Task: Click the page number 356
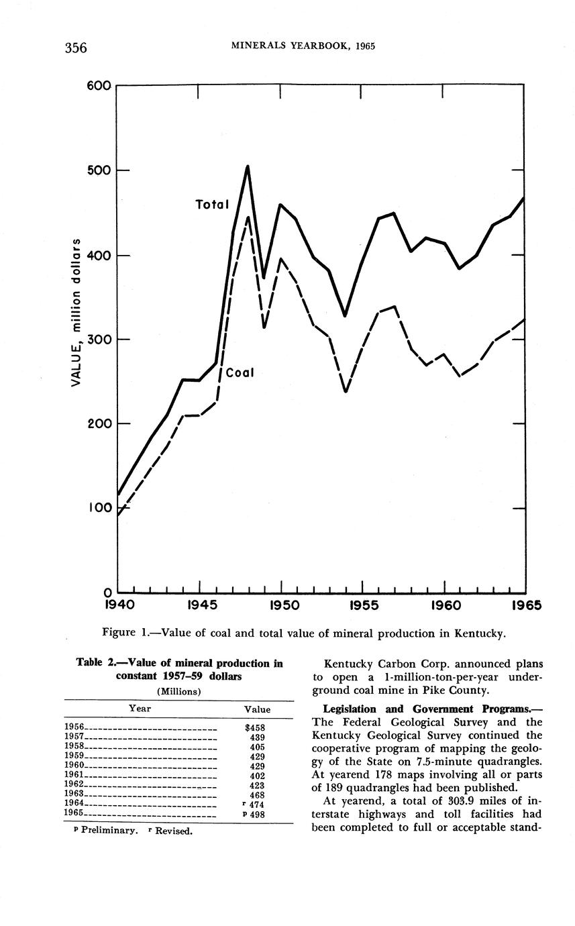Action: tap(76, 47)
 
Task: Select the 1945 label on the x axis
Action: tap(201, 605)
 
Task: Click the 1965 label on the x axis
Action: tap(526, 605)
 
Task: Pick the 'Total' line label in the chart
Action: tap(212, 204)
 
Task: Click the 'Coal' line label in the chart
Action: tap(240, 372)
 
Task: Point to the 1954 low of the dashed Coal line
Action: tap(346, 391)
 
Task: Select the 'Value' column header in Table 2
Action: tap(257, 709)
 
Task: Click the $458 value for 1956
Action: tap(257, 727)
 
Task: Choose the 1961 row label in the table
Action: tap(73, 774)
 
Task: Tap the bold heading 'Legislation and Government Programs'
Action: tap(426, 709)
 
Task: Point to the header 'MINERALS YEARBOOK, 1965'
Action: tap(303, 46)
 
